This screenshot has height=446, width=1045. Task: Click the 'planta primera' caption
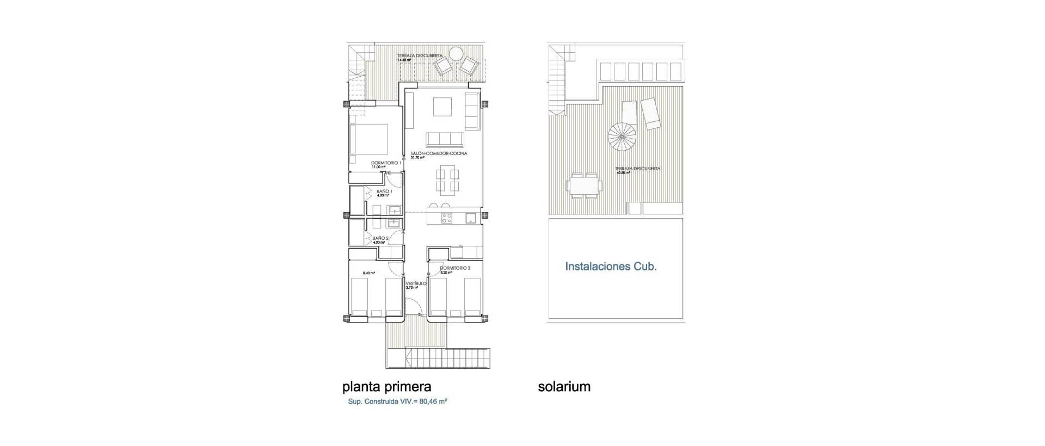coord(386,387)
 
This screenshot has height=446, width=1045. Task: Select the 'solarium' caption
coord(564,387)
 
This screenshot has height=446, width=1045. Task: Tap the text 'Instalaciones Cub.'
coord(611,267)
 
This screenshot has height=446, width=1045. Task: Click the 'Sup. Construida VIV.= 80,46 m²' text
coord(397,402)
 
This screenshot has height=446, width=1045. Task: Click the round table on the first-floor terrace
coord(456,53)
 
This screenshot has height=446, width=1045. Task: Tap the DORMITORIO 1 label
coord(386,163)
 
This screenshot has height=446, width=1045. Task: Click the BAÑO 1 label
coord(384,192)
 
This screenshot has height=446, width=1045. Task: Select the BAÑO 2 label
coord(380,238)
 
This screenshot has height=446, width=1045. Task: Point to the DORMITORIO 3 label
coord(454,268)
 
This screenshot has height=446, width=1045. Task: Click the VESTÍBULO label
coord(416,284)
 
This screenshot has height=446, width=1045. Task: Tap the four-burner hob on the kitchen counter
coord(447,219)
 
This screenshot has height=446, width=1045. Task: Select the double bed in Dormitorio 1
coord(370,140)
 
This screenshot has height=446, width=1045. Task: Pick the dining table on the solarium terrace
coord(585,185)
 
